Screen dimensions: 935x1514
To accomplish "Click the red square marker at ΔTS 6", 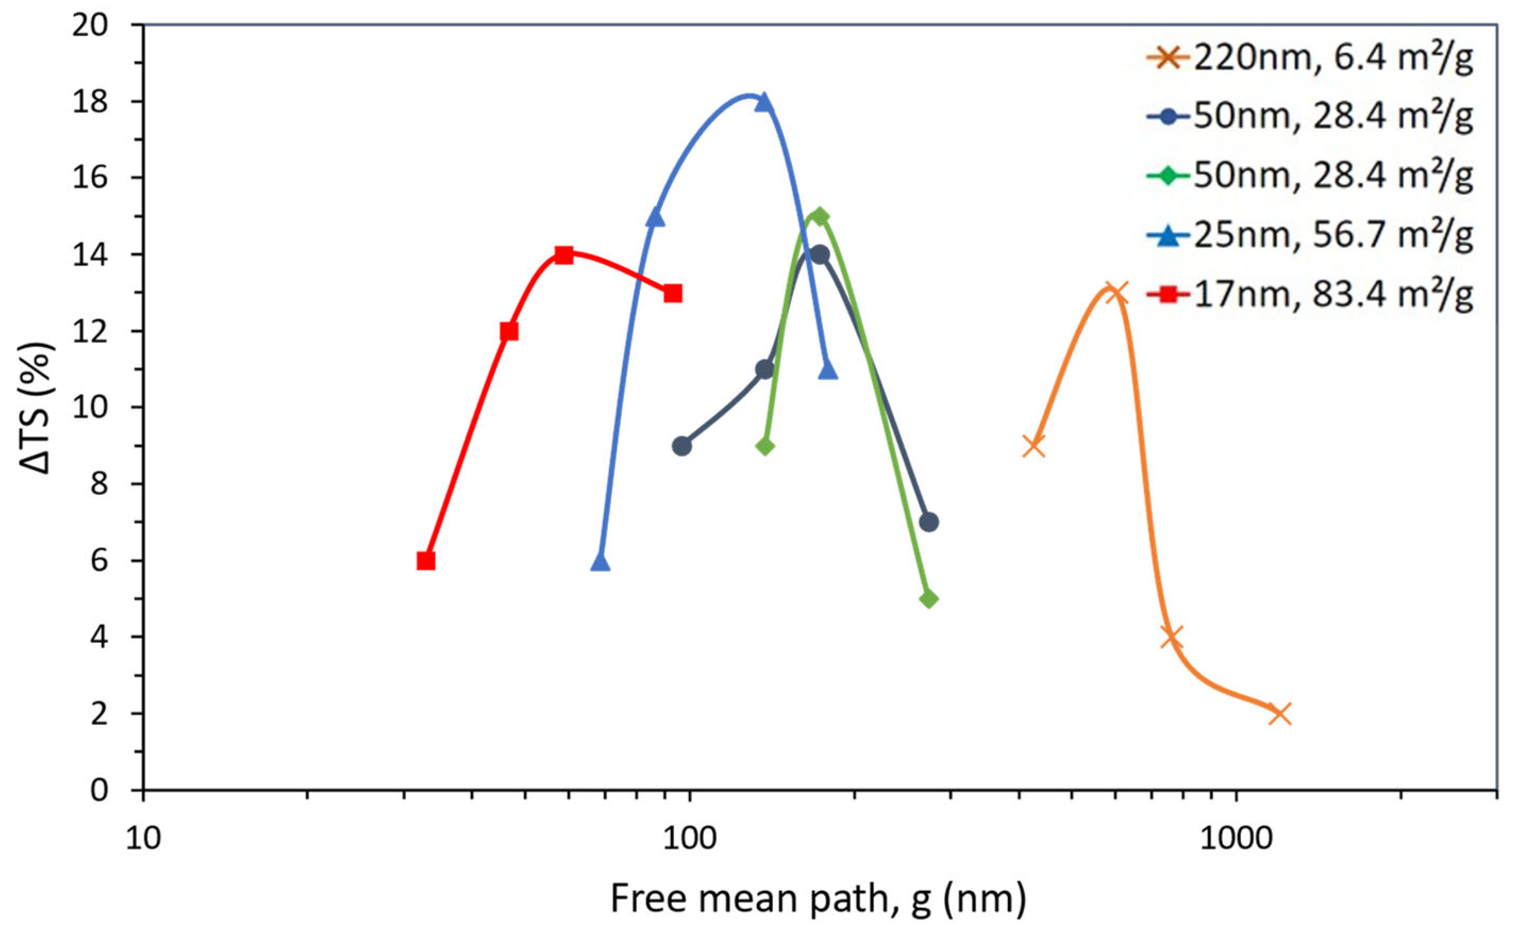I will [x=426, y=561].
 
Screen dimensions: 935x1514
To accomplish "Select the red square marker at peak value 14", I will [x=564, y=255].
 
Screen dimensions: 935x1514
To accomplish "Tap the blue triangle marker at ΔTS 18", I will [x=765, y=102].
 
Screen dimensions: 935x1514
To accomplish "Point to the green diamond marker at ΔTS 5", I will [x=929, y=599].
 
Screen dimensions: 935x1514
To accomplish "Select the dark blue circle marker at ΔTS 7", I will [x=929, y=522].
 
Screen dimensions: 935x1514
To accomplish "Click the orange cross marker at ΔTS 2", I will [x=1279, y=714].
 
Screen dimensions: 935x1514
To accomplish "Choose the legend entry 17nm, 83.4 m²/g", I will [x=1333, y=294].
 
